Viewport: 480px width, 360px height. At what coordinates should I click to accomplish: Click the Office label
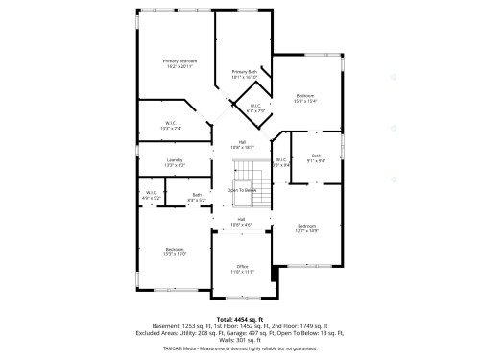[243, 268]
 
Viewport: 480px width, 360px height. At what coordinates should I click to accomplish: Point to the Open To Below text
[242, 190]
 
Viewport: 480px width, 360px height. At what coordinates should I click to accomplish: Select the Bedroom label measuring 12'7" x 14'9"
[305, 228]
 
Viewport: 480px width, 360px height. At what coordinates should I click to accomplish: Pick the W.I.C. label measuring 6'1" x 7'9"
[255, 108]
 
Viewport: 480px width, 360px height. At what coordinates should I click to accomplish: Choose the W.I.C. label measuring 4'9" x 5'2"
[151, 196]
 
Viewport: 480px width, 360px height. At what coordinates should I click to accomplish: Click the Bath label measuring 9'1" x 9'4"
[316, 157]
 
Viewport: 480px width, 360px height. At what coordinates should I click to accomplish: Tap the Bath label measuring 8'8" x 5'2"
[196, 197]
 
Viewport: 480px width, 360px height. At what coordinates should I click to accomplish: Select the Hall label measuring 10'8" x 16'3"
[243, 145]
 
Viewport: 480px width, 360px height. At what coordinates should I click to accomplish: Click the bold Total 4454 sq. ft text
[239, 318]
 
